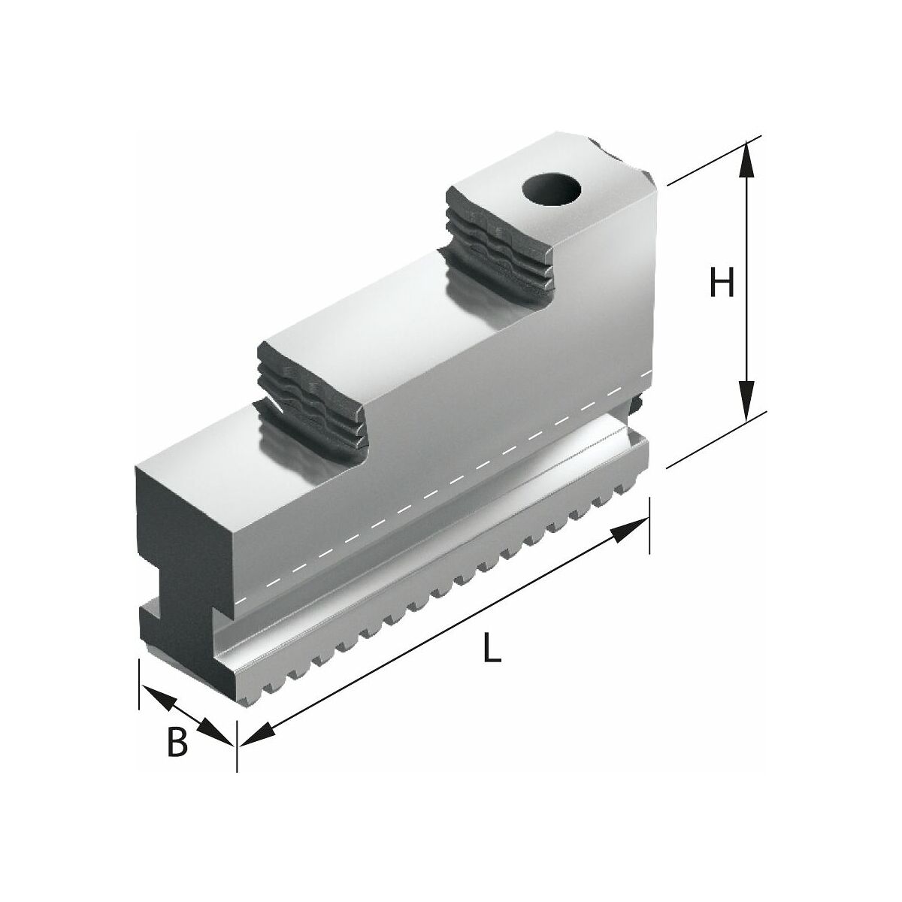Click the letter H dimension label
click(x=722, y=283)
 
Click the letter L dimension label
click(x=492, y=648)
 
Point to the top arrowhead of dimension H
click(x=746, y=159)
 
